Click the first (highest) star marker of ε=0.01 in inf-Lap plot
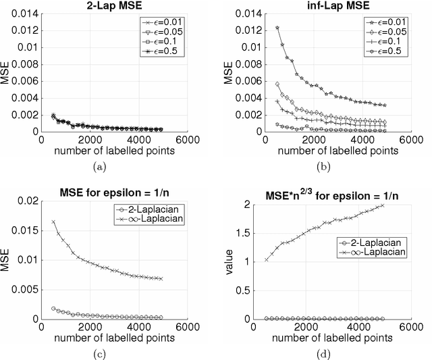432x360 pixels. (259, 28)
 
